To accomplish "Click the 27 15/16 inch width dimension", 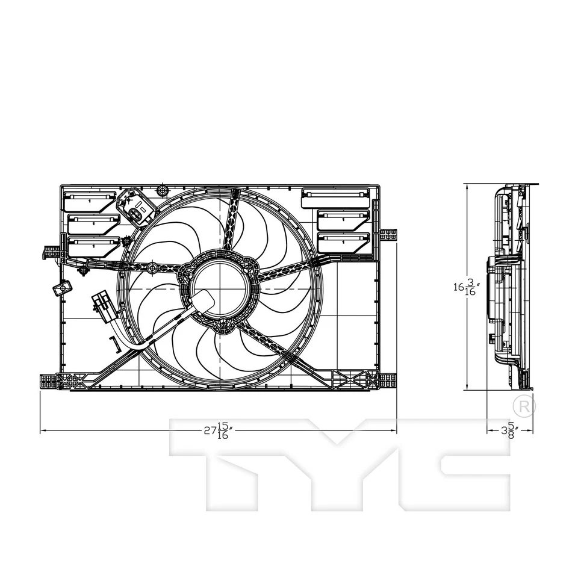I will [x=218, y=430].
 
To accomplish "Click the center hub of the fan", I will [x=220, y=289].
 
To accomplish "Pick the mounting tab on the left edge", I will [x=52, y=252].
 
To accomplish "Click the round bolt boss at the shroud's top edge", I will [x=161, y=191].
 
